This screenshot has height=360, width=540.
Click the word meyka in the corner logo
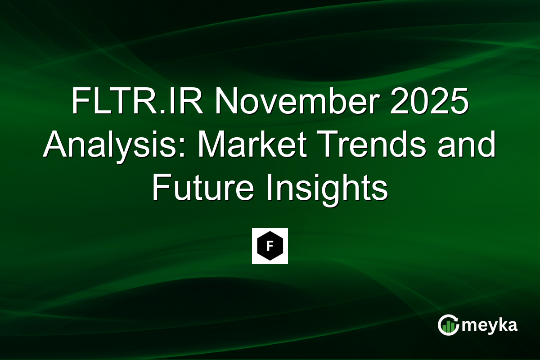(491, 325)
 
